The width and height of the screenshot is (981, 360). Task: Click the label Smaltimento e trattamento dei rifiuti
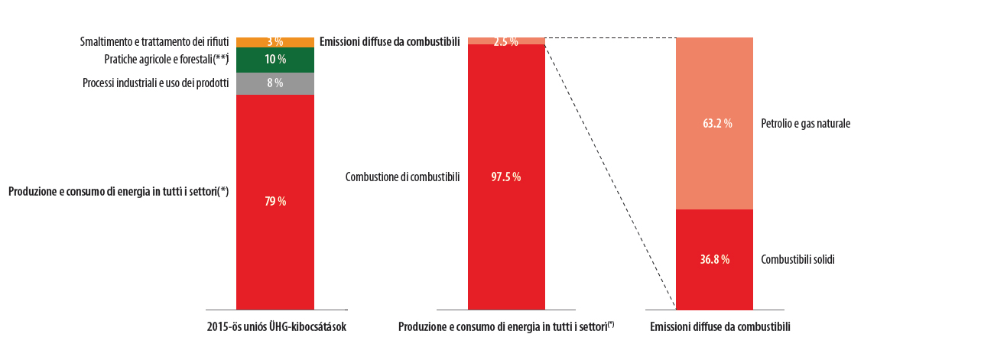click(154, 41)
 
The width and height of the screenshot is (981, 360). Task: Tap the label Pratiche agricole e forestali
click(166, 60)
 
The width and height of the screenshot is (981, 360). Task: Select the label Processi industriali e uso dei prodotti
click(155, 83)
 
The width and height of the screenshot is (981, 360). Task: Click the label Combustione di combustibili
click(402, 177)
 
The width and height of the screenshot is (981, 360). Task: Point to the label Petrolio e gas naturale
click(806, 123)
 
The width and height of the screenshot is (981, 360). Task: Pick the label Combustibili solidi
click(797, 259)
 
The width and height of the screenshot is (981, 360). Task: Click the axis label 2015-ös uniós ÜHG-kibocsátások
click(277, 327)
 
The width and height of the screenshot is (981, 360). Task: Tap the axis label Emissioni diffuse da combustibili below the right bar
click(720, 327)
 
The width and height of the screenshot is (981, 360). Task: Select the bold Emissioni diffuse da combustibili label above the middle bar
click(389, 41)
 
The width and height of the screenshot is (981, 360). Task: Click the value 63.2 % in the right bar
click(715, 123)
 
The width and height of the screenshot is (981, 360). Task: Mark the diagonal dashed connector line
click(609, 172)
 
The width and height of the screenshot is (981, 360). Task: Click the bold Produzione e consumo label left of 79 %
click(119, 192)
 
